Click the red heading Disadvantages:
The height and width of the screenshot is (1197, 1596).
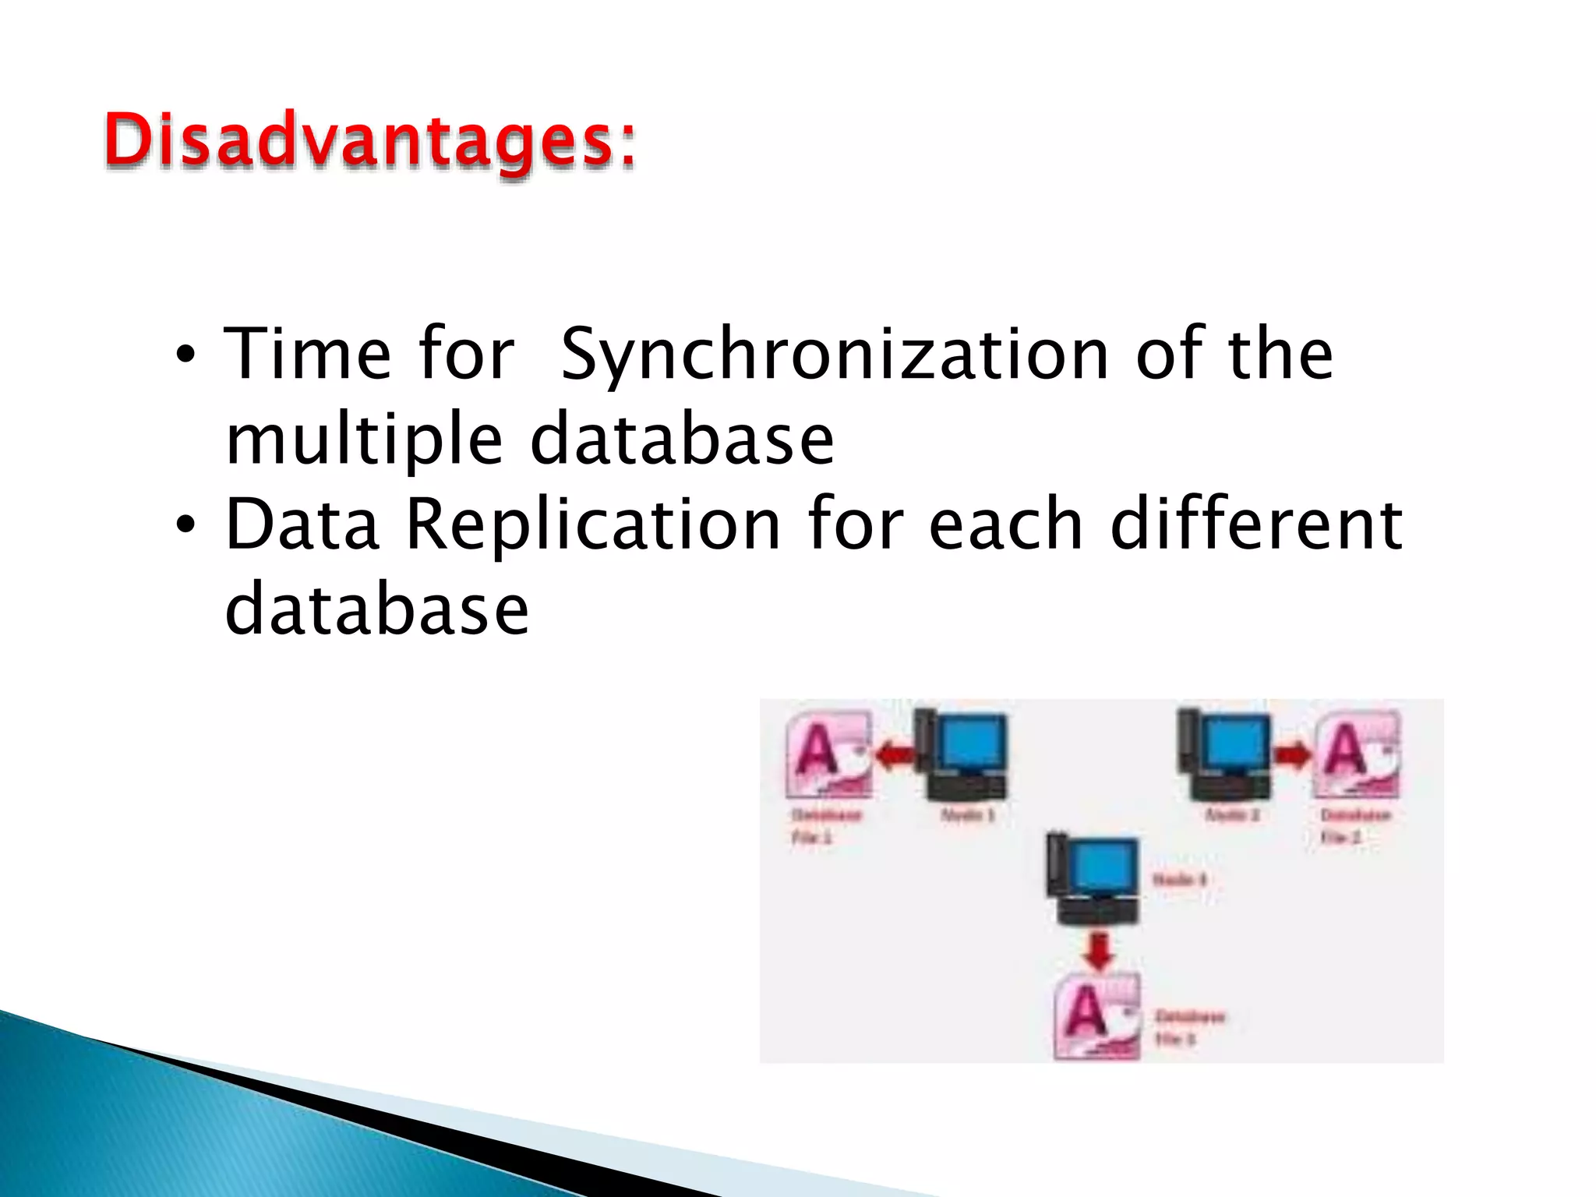tap(370, 142)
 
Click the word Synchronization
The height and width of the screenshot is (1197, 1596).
tap(834, 355)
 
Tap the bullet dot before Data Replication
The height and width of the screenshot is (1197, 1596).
tap(185, 527)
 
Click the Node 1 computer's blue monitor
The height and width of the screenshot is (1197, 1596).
tap(972, 743)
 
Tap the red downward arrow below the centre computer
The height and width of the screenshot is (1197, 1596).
tap(1099, 950)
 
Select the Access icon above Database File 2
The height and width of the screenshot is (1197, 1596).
tap(1358, 754)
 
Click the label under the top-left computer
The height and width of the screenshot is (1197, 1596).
tap(968, 815)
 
